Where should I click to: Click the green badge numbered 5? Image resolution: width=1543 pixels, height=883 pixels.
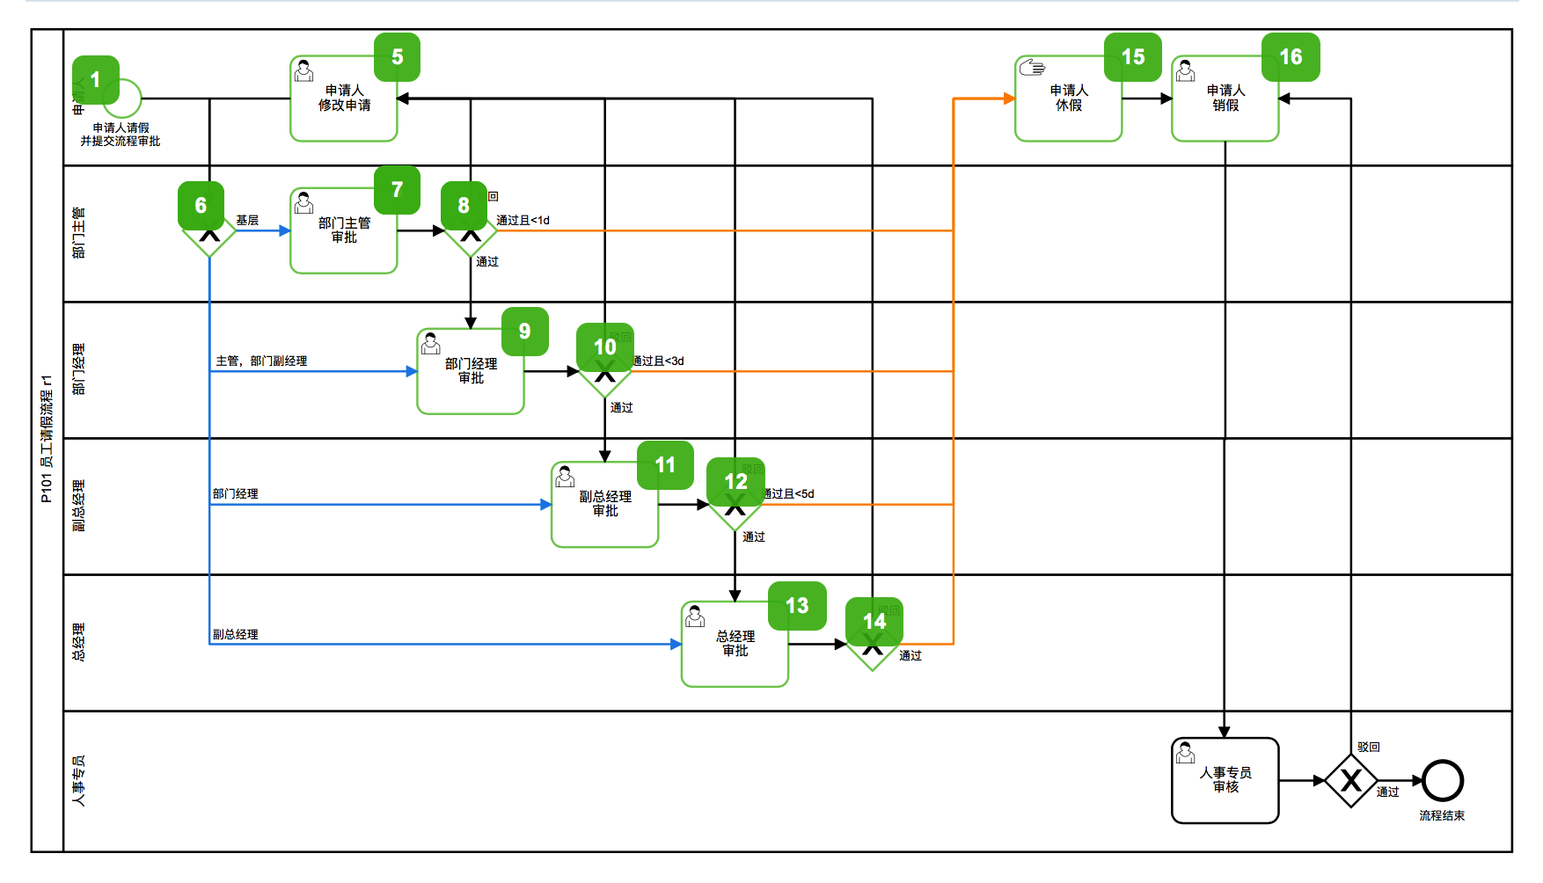click(x=397, y=57)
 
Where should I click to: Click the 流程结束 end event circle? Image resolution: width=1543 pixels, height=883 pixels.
click(x=1443, y=780)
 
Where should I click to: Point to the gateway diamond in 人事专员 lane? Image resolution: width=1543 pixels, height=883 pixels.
click(x=1351, y=780)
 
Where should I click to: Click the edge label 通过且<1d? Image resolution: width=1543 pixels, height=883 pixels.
click(x=523, y=221)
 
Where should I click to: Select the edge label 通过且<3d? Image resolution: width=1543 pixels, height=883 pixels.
click(x=659, y=361)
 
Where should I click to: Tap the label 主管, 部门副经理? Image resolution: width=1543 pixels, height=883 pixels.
click(x=261, y=361)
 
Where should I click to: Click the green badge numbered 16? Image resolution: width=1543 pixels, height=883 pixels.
click(x=1291, y=57)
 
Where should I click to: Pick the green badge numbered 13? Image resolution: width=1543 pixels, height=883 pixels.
click(x=797, y=606)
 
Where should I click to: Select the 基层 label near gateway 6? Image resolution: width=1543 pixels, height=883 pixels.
click(x=247, y=221)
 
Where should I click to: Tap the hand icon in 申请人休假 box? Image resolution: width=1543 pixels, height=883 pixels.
click(x=1032, y=68)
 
